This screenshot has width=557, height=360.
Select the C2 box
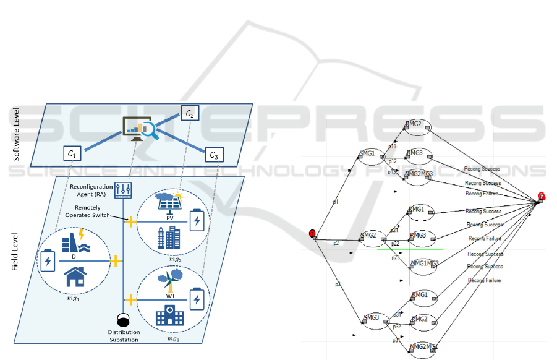190,114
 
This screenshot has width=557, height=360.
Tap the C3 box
214,155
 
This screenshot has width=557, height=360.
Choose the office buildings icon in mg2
166,237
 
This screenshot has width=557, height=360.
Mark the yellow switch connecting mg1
115,261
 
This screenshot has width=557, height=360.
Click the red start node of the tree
312,233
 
